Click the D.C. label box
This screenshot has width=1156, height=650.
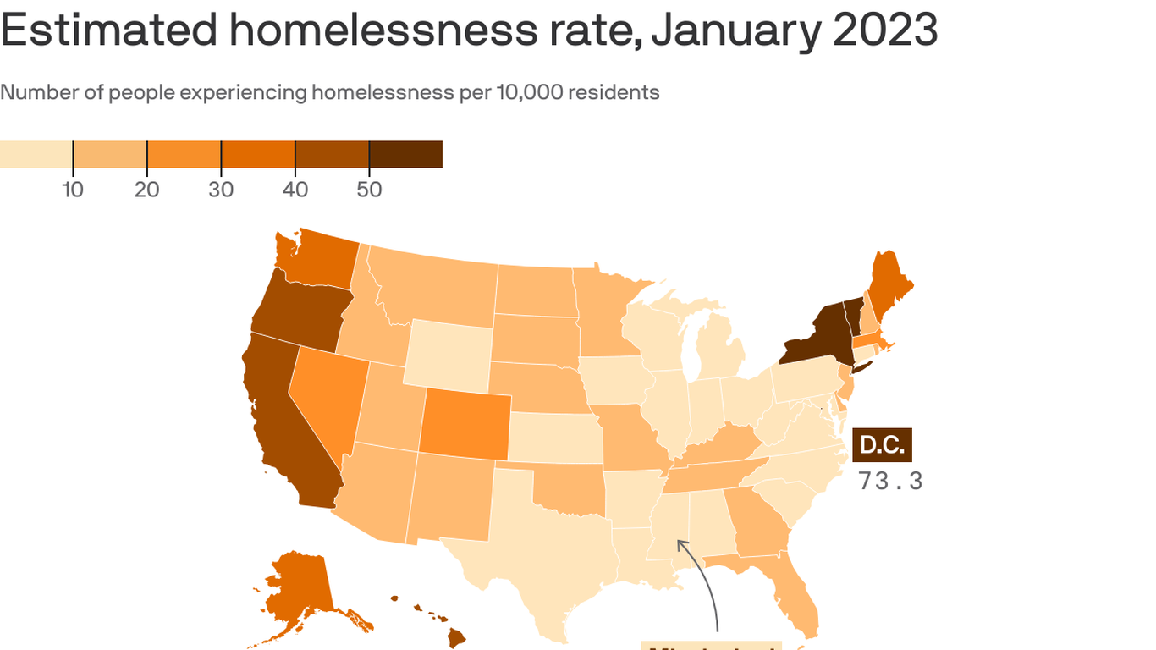(x=882, y=445)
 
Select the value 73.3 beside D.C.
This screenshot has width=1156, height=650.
(x=890, y=481)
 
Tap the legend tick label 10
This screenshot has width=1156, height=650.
(x=73, y=190)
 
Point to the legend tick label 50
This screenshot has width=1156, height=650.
(x=369, y=190)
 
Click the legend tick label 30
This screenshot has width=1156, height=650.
(x=221, y=190)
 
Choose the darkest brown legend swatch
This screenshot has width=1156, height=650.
(x=406, y=155)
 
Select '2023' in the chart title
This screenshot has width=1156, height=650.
(x=885, y=30)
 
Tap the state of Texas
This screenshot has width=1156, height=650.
(x=542, y=542)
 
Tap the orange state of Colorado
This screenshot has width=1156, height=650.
(x=465, y=423)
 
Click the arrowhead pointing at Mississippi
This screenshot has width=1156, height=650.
(x=680, y=543)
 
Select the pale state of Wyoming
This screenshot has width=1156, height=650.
(x=449, y=351)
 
